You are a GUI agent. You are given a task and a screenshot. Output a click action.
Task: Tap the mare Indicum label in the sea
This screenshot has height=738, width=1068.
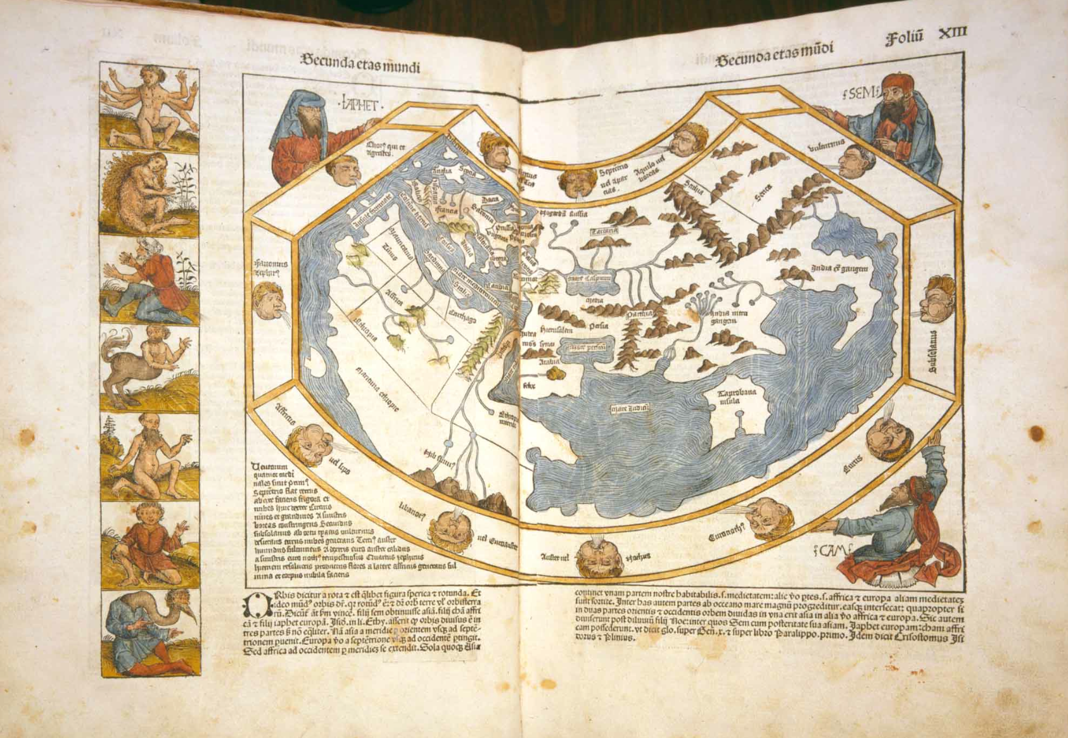point(628,408)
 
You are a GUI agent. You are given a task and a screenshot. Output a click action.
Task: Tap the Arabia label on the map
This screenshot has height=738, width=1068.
point(549,361)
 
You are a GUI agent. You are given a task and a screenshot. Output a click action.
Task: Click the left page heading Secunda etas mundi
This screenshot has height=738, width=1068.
point(359,65)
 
